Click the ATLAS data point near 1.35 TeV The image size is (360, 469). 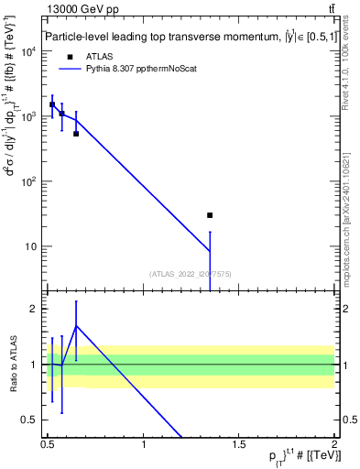[210, 215]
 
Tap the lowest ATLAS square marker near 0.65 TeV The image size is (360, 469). [76, 134]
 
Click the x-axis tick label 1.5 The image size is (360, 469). [239, 444]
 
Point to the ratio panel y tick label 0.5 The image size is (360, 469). [29, 420]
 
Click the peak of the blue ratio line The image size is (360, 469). [76, 325]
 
